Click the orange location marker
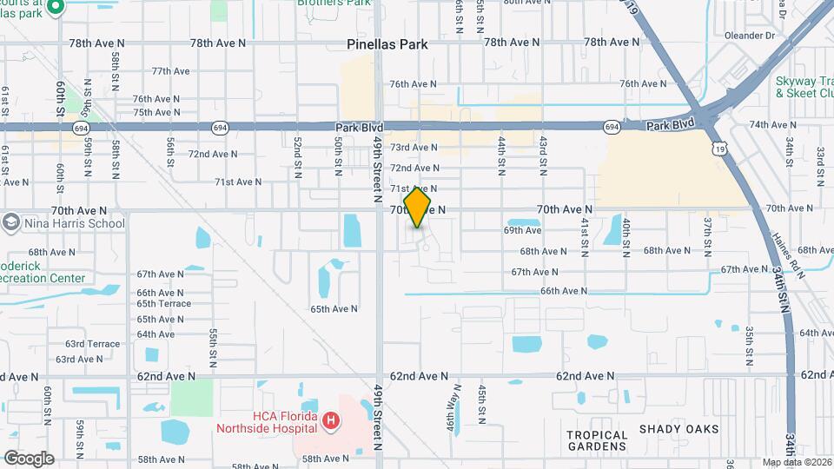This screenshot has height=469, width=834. pos(418,208)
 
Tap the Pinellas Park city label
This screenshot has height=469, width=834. pos(387,43)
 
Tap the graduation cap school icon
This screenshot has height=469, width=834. pos(11,223)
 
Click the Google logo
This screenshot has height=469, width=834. pos(29,459)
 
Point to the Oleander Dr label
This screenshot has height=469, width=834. pos(757,36)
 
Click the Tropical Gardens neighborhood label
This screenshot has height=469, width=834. pos(597,440)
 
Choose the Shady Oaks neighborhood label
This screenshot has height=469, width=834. pos(679,429)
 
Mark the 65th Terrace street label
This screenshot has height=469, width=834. pos(163,304)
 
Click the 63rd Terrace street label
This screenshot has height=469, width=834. pos(93,344)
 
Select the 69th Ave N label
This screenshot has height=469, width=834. pos(523,230)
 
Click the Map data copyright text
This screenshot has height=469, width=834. pos(796,462)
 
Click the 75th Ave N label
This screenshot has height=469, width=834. pos(156,112)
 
